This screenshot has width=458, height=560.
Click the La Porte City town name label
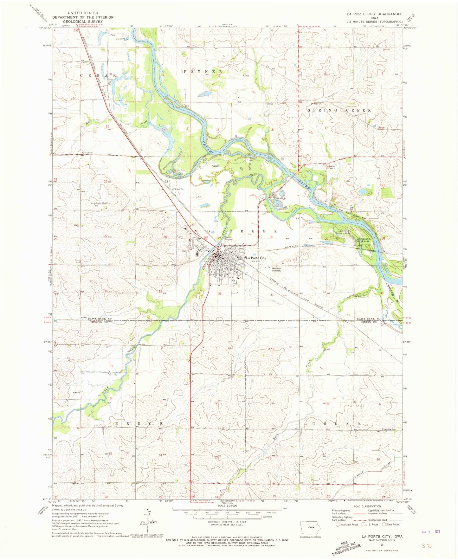256,258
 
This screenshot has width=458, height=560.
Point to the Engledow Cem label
389,429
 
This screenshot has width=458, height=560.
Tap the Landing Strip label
100,203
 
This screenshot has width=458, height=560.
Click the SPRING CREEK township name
339,110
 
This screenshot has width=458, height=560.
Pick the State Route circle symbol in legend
384,525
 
